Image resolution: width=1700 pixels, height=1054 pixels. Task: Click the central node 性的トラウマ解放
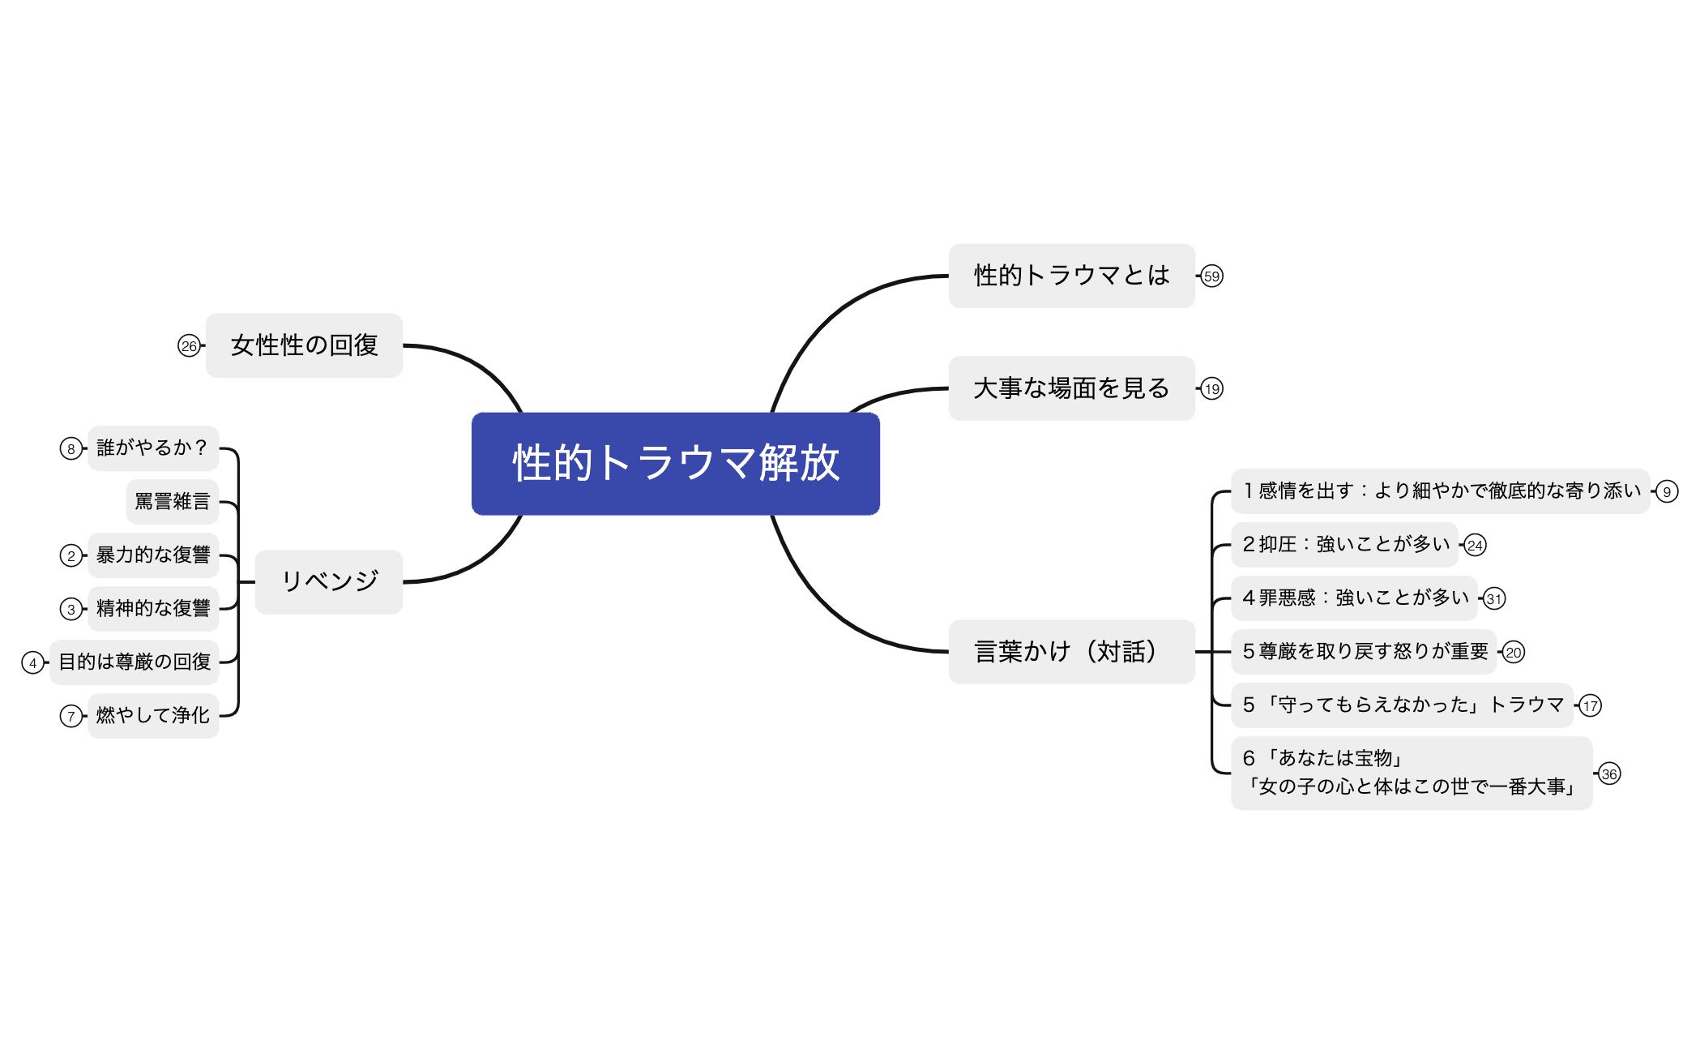pyautogui.click(x=675, y=463)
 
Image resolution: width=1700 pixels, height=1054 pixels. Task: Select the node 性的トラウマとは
pyautogui.click(x=1071, y=276)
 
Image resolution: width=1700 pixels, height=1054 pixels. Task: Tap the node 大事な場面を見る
pyautogui.click(x=1071, y=388)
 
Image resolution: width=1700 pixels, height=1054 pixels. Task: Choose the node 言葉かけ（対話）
pyautogui.click(x=1071, y=651)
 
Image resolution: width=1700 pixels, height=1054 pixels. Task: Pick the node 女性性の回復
pyautogui.click(x=304, y=345)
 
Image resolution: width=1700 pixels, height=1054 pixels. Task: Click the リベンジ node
pyautogui.click(x=329, y=581)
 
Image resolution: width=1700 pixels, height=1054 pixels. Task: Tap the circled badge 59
pyautogui.click(x=1211, y=276)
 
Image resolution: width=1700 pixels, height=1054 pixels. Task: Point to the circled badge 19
pyautogui.click(x=1211, y=389)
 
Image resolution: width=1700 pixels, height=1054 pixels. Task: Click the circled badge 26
pyautogui.click(x=189, y=346)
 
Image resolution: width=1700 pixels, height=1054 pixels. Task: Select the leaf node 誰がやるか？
pyautogui.click(x=152, y=448)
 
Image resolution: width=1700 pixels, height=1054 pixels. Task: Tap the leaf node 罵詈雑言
pyautogui.click(x=172, y=501)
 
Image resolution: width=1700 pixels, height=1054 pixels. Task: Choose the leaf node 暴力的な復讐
pyautogui.click(x=152, y=555)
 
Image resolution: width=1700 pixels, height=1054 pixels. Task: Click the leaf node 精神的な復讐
pyautogui.click(x=152, y=608)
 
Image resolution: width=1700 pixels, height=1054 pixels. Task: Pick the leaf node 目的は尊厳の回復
pyautogui.click(x=135, y=662)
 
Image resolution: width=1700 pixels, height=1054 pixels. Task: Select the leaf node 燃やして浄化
pyautogui.click(x=152, y=715)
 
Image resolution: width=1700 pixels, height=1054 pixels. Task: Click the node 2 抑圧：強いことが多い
pyautogui.click(x=1345, y=544)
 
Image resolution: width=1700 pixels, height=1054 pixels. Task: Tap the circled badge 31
pyautogui.click(x=1493, y=599)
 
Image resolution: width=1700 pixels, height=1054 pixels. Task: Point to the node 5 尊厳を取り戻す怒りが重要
pyautogui.click(x=1365, y=651)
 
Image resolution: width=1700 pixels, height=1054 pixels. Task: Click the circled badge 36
pyautogui.click(x=1609, y=774)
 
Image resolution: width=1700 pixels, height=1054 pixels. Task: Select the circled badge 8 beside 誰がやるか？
pyautogui.click(x=71, y=448)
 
